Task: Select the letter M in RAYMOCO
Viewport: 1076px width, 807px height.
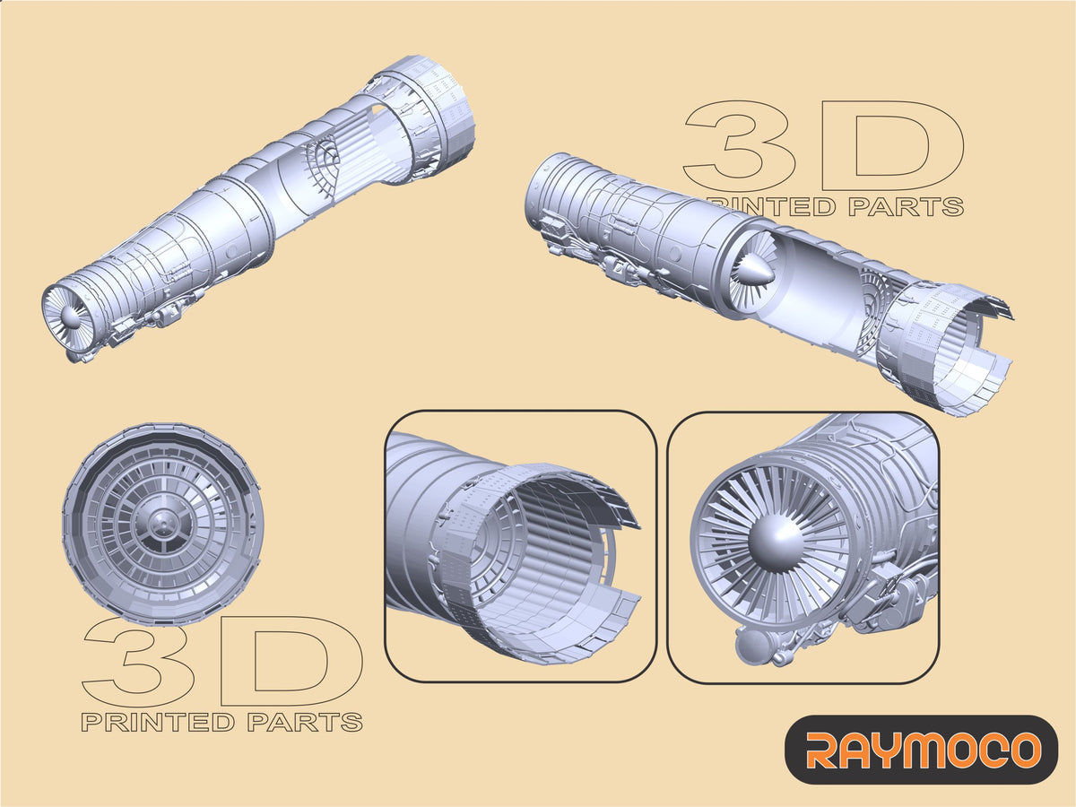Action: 921,750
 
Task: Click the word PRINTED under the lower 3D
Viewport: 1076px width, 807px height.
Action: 157,722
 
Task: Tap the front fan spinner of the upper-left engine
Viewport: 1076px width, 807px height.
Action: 70,317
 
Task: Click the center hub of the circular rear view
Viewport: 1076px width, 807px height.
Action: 162,524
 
